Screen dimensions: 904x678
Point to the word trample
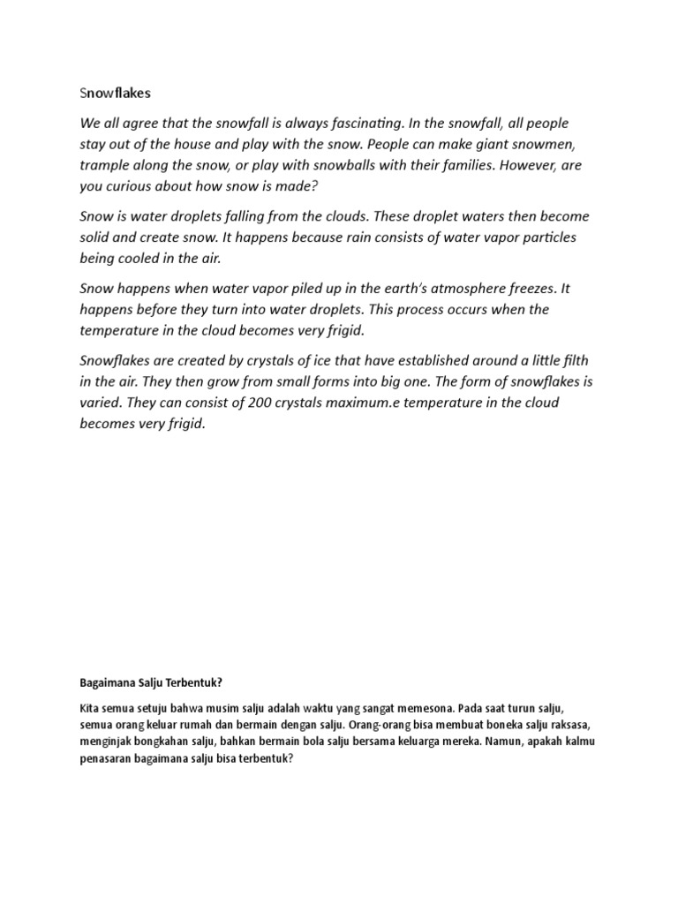(108, 165)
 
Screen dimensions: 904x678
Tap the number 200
(237, 403)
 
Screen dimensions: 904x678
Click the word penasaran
(109, 758)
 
